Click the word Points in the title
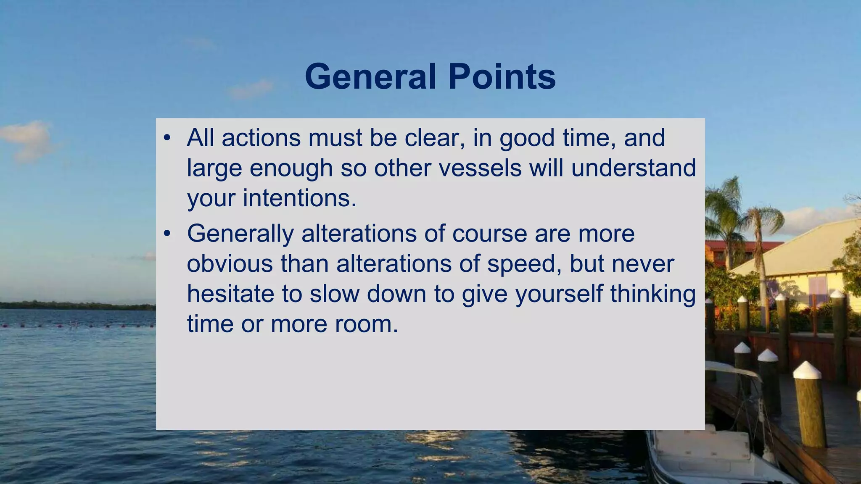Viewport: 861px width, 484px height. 502,77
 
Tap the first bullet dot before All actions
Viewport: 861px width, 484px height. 167,138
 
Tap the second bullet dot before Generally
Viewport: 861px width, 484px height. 167,234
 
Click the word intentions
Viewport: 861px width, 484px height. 299,198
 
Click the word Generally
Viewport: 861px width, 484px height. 240,234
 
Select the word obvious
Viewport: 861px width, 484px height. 230,264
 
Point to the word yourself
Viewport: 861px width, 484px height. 559,294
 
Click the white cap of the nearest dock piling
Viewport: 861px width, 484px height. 807,370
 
